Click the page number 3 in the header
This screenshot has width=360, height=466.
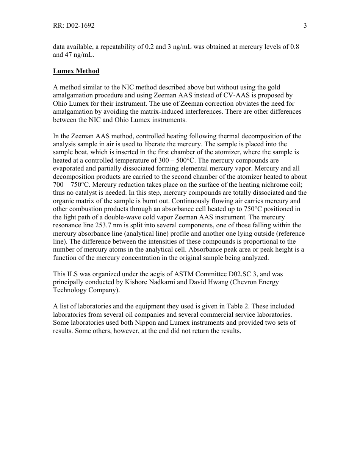tap(305, 26)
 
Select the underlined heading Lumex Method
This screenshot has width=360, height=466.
tap(76, 71)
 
